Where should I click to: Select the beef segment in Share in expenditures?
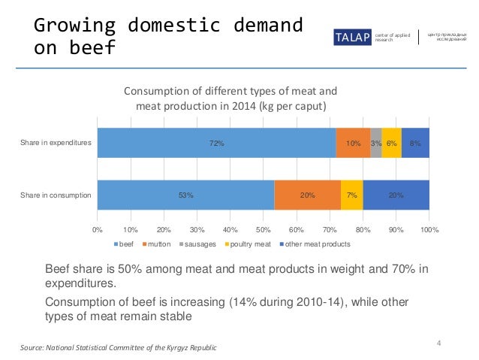click(x=216, y=143)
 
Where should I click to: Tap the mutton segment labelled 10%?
click(x=353, y=143)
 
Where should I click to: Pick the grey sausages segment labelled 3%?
click(x=375, y=143)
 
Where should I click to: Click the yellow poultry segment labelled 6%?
click(x=391, y=143)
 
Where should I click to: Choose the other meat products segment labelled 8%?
click(x=415, y=143)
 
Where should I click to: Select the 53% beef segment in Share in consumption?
click(x=185, y=195)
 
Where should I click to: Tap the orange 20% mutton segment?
click(x=307, y=195)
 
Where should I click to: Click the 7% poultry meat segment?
click(x=351, y=195)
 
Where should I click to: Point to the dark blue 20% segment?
click(x=396, y=195)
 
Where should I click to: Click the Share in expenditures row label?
click(x=56, y=143)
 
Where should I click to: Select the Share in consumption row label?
click(x=56, y=195)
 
